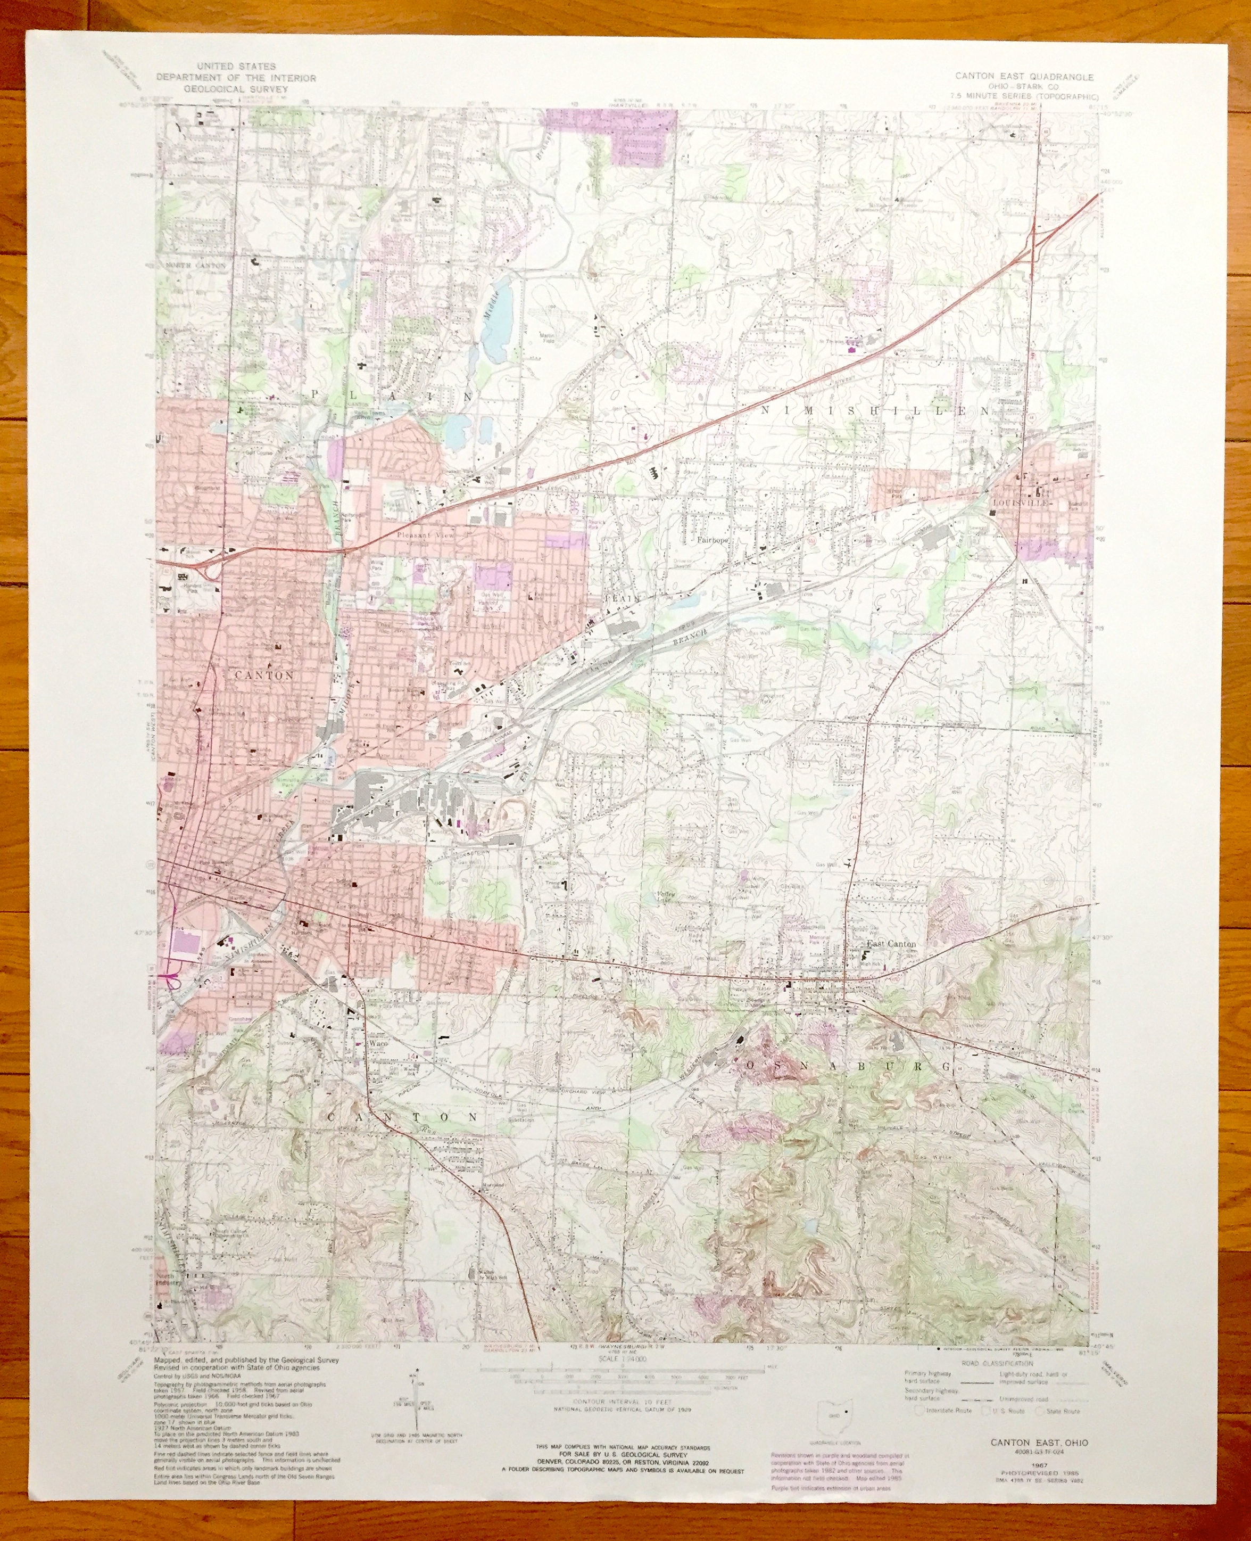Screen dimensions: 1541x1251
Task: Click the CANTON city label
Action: (x=264, y=675)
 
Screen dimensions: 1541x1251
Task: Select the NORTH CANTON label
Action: (x=196, y=266)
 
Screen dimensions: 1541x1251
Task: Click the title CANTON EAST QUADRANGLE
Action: (x=1024, y=77)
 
